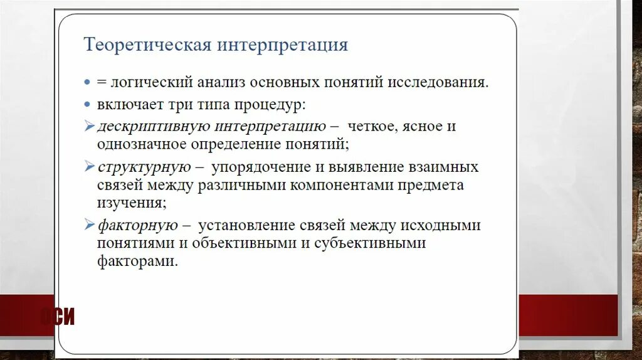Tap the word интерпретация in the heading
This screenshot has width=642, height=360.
(283, 46)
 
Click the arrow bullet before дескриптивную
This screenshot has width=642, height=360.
(89, 125)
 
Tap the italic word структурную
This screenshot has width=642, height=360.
(144, 167)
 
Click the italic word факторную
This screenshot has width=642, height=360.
(137, 225)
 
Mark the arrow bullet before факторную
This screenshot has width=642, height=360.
(89, 225)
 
